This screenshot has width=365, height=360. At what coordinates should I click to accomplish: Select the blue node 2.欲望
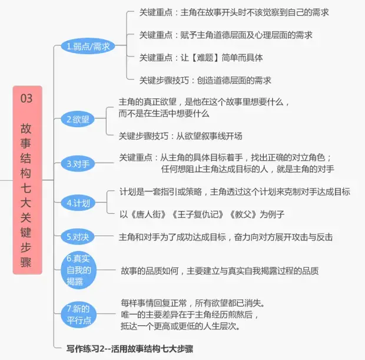pyautogui.click(x=77, y=120)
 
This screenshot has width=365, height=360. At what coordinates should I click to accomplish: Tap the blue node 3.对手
pyautogui.click(x=78, y=163)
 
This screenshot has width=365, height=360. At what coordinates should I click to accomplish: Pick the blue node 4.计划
pyautogui.click(x=78, y=203)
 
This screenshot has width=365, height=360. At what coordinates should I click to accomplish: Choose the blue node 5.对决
pyautogui.click(x=77, y=237)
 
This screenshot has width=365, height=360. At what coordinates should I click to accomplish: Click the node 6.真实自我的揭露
pyautogui.click(x=78, y=270)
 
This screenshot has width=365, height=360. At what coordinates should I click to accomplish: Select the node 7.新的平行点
pyautogui.click(x=78, y=314)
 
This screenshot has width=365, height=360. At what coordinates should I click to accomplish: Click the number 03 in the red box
pyautogui.click(x=26, y=98)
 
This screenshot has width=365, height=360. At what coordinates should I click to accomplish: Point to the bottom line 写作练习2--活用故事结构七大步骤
pyautogui.click(x=130, y=349)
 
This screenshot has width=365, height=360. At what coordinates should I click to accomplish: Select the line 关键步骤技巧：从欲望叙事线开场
pyautogui.click(x=180, y=136)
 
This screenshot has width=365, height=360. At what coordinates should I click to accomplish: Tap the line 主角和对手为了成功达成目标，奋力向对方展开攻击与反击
pyautogui.click(x=225, y=237)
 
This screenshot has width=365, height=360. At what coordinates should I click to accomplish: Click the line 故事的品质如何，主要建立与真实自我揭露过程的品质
pyautogui.click(x=220, y=271)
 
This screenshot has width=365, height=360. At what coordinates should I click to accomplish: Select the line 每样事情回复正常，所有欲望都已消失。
pyautogui.click(x=193, y=303)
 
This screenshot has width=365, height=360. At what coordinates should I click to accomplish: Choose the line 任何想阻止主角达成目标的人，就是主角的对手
pyautogui.click(x=247, y=169)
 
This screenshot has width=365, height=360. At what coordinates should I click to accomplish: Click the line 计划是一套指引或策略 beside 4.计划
pyautogui.click(x=234, y=192)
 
